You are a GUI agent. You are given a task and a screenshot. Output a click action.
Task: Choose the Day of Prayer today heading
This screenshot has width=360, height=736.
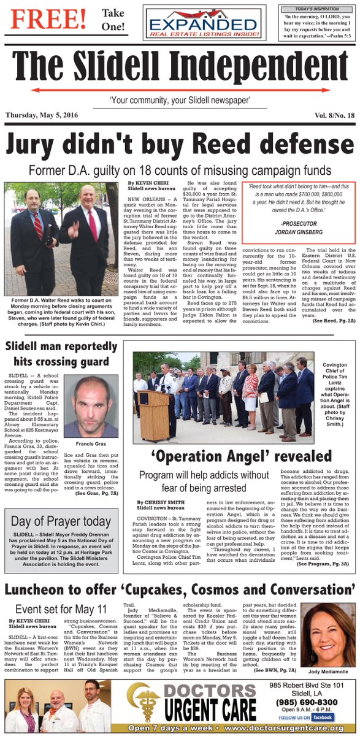[61, 522]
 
